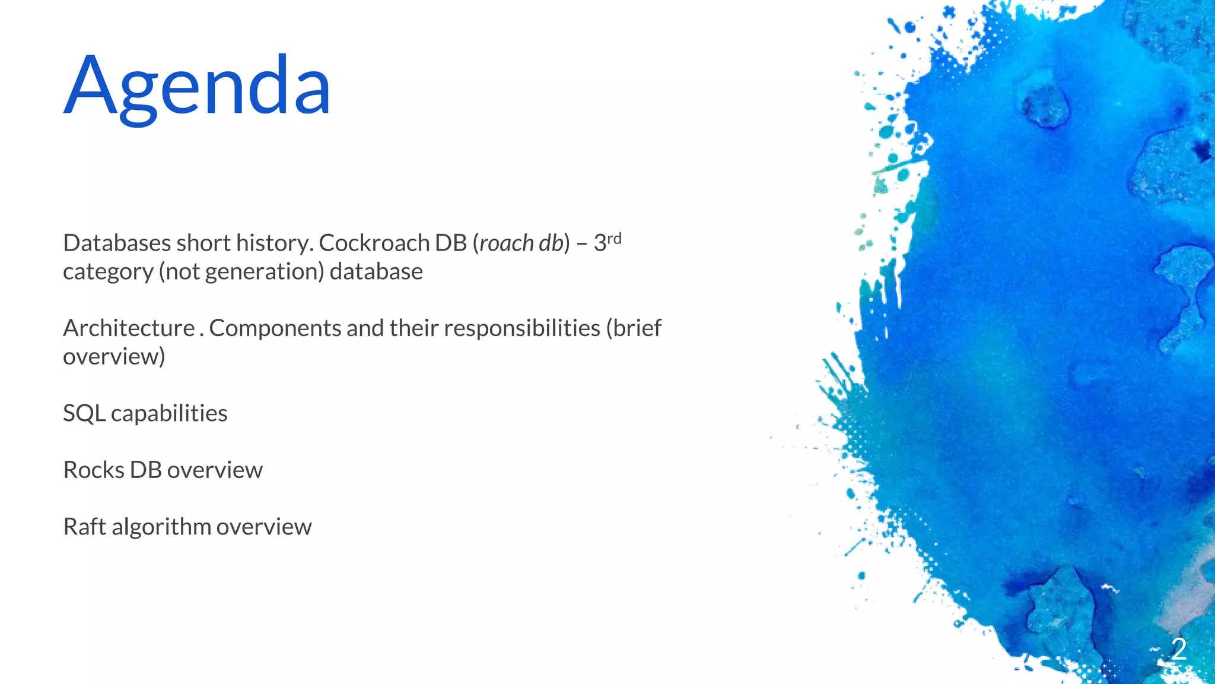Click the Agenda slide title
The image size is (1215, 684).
[197, 86]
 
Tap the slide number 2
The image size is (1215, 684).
[1178, 649]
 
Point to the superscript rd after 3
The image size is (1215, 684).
[614, 239]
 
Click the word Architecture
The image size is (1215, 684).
[129, 328]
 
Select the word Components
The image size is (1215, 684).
[275, 328]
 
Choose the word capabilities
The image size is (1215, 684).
[169, 413]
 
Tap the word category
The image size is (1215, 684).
[108, 272]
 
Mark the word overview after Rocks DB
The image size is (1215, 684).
[215, 470]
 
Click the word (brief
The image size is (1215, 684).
[633, 328]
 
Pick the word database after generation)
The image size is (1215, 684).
[376, 271]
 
